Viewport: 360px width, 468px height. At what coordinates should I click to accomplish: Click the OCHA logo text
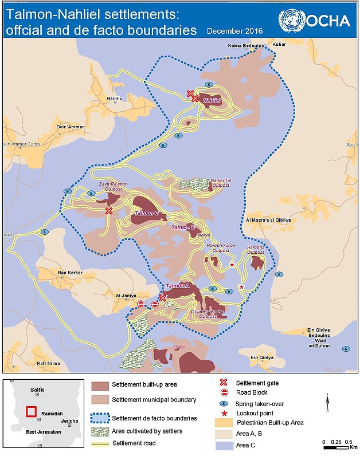(328, 22)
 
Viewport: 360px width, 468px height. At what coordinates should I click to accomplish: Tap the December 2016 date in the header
(234, 31)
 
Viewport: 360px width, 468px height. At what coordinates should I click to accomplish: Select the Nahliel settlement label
(212, 100)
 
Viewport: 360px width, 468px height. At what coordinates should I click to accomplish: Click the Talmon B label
(183, 227)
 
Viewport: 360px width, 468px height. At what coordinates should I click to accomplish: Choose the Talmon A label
(177, 286)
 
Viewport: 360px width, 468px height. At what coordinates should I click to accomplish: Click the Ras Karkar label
(71, 273)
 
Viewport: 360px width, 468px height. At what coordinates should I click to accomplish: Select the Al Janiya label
(126, 296)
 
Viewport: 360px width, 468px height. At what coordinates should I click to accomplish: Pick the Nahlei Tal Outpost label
(221, 182)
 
